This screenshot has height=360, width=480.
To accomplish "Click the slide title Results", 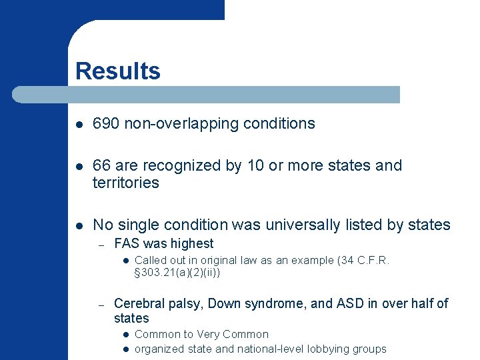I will click(117, 71).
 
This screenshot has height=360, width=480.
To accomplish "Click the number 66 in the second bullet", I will click(101, 165).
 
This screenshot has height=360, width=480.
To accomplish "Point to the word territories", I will click(125, 183).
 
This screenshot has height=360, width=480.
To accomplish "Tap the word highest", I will click(191, 243).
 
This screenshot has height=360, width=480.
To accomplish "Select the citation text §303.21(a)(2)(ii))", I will click(177, 273).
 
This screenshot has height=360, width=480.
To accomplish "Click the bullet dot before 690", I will click(79, 124).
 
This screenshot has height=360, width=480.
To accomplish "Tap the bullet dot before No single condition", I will click(79, 225).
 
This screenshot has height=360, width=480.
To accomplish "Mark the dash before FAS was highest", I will click(101, 244).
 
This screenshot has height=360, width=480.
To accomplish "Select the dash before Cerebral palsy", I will click(101, 304).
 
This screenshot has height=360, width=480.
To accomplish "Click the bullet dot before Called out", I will click(124, 261).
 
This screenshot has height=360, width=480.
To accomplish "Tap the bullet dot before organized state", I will click(124, 349).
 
